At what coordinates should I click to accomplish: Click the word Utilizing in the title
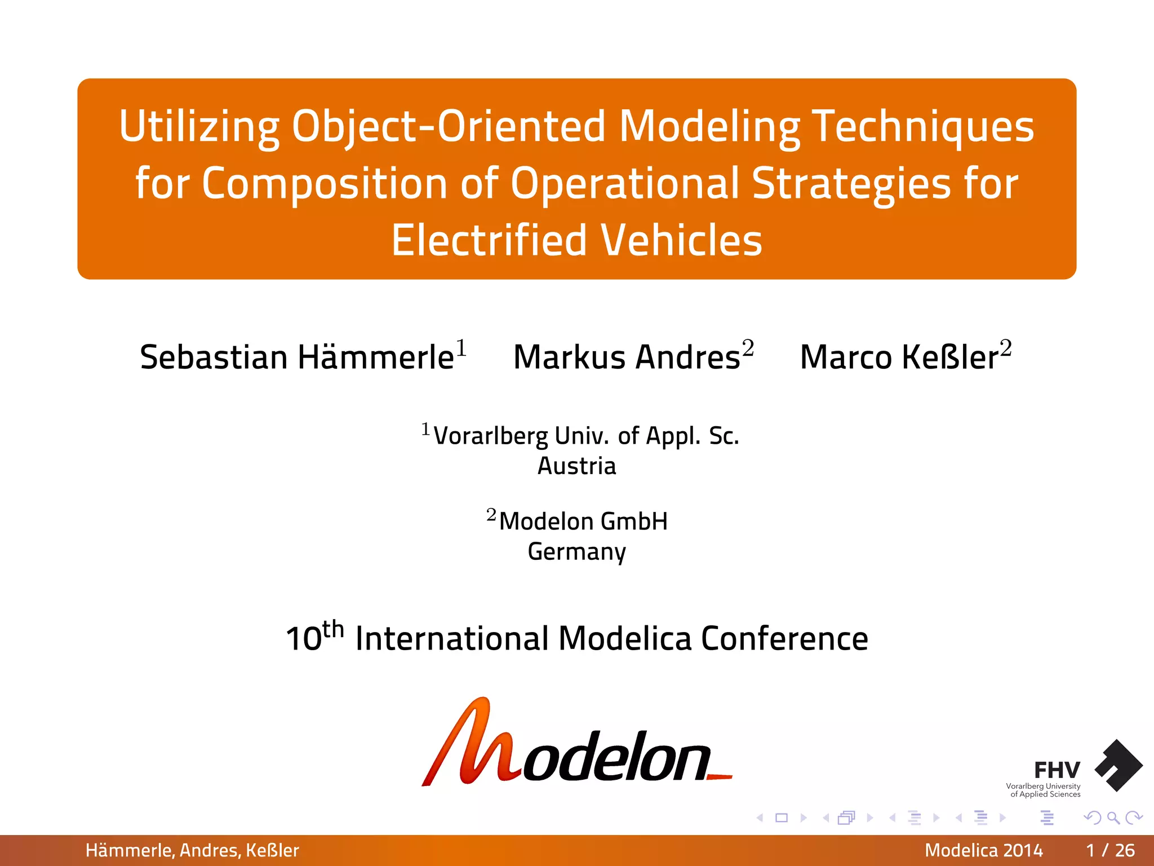click(199, 126)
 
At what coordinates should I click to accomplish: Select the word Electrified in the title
click(489, 240)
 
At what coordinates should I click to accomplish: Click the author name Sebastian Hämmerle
click(297, 357)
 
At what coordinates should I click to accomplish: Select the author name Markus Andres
click(627, 357)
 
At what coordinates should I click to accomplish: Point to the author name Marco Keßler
click(899, 357)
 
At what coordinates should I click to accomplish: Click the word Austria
click(576, 466)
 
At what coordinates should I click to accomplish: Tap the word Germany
click(576, 551)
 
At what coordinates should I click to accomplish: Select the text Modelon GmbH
click(583, 522)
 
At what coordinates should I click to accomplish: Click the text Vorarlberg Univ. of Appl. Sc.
click(586, 436)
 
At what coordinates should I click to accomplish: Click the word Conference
click(784, 639)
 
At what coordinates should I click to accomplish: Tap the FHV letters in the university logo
click(1057, 770)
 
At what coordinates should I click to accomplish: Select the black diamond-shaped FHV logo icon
click(1119, 766)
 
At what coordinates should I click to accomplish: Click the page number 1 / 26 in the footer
click(1110, 850)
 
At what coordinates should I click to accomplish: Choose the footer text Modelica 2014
click(983, 850)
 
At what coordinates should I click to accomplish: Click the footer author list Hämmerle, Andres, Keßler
click(192, 850)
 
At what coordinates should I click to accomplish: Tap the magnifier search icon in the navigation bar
click(1113, 818)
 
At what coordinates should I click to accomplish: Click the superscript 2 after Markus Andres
click(748, 347)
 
